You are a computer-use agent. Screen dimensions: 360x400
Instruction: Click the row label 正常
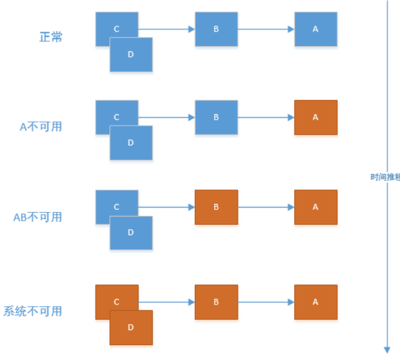click(51, 37)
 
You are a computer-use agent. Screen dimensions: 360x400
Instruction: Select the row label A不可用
click(41, 127)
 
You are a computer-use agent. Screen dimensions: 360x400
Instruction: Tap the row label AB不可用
click(38, 217)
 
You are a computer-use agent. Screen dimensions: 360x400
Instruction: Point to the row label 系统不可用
click(32, 311)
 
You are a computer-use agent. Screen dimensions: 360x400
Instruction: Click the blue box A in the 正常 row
click(316, 29)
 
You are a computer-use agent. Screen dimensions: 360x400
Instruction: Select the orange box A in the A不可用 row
click(316, 117)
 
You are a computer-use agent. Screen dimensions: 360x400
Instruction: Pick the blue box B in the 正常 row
click(216, 29)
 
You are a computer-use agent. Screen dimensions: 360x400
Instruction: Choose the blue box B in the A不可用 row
click(216, 117)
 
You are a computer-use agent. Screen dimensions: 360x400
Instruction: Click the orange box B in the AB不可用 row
click(216, 207)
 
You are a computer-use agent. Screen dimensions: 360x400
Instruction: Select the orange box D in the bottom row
click(131, 328)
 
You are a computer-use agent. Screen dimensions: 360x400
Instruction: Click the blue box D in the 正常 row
click(131, 54)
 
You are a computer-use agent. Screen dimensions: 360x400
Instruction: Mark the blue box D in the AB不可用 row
click(131, 233)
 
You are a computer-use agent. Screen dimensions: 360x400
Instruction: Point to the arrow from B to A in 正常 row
click(266, 29)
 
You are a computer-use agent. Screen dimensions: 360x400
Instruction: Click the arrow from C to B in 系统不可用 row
click(167, 302)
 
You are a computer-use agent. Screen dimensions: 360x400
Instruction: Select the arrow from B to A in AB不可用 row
click(266, 207)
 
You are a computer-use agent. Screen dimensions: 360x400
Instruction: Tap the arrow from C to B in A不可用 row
click(167, 117)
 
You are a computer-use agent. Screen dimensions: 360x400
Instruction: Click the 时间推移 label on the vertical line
click(384, 177)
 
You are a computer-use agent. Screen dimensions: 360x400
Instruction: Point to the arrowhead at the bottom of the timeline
click(387, 350)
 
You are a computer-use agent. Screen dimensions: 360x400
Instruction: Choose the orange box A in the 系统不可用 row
click(316, 302)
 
